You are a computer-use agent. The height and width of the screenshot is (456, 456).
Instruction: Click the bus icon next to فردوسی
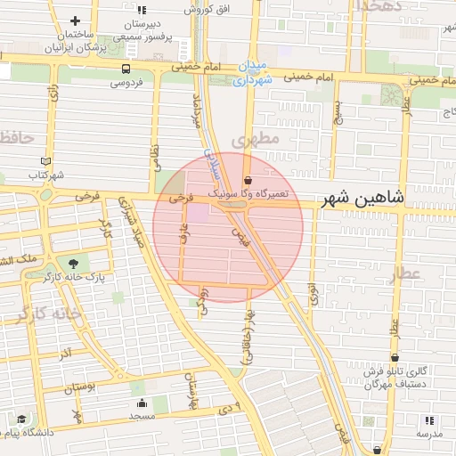point(125,68)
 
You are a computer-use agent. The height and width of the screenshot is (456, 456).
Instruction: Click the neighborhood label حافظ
point(17,138)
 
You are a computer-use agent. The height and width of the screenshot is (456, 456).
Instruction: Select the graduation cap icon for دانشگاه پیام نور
point(20,419)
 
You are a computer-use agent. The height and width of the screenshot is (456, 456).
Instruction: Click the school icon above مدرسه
point(429,419)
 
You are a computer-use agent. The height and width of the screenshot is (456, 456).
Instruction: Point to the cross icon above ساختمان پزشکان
point(74,20)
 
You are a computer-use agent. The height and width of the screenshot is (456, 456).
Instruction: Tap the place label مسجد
point(141,416)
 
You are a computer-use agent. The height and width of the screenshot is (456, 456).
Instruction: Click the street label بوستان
point(80,387)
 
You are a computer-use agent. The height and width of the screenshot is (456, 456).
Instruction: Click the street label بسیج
point(336,112)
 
